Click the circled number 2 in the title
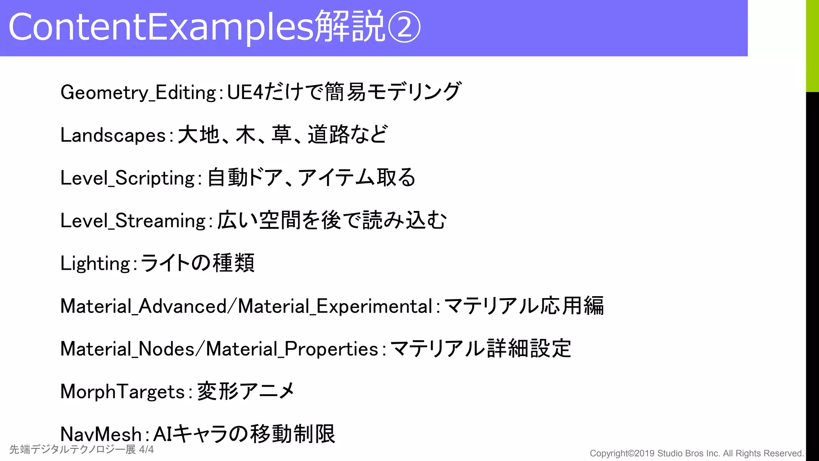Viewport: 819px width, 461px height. [404, 27]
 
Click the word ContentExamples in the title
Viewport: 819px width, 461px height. [160, 27]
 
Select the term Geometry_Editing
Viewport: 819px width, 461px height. [138, 92]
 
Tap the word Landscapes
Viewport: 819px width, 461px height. [113, 135]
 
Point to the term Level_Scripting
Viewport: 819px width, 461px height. [128, 178]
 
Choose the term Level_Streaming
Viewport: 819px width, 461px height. [133, 221]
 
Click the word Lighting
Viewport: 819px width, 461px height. [96, 264]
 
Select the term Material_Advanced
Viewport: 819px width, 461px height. [144, 307]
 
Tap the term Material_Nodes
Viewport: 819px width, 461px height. [128, 349]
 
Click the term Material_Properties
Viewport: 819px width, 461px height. [292, 349]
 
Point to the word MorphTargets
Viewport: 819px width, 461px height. [122, 392]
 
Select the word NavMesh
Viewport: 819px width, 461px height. [101, 435]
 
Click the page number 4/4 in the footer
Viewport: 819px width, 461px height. [146, 450]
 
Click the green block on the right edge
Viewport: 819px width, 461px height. [812, 46]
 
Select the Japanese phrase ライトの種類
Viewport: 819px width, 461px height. [197, 264]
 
